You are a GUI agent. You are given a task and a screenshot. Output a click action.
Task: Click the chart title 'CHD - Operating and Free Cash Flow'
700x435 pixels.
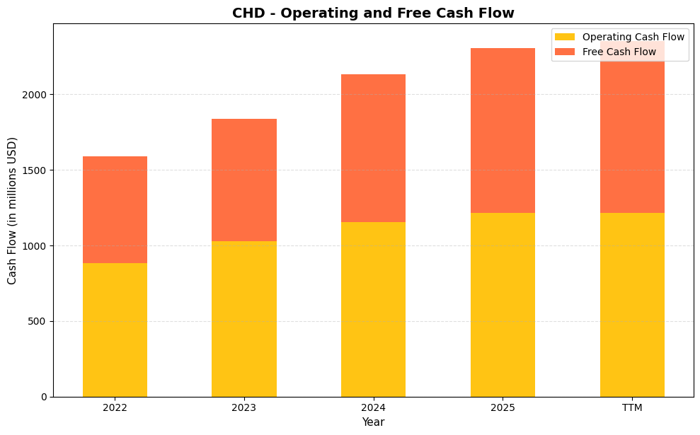373,13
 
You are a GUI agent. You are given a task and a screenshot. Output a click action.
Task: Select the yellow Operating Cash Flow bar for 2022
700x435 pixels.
115,330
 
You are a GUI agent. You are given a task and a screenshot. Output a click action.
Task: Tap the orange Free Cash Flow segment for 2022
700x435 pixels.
115,209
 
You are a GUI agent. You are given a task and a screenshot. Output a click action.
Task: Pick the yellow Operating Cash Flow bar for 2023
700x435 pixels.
243,319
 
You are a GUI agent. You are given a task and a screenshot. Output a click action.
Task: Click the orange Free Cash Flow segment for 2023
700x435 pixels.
243,180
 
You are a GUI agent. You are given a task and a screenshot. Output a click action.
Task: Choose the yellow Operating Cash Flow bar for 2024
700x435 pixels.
373,309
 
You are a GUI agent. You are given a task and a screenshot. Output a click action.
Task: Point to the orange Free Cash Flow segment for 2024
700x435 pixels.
373,148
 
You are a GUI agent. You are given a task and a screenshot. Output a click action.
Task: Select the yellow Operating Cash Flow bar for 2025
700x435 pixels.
503,305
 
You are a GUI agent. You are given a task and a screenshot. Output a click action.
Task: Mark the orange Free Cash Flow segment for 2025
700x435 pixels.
503,130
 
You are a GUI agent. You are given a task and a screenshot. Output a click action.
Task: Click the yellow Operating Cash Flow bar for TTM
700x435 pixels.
632,305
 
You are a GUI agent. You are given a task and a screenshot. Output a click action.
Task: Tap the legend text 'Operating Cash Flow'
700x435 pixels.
633,37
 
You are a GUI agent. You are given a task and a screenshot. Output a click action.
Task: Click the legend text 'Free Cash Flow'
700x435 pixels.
619,52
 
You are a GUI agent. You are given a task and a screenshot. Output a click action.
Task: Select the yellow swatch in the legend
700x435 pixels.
565,37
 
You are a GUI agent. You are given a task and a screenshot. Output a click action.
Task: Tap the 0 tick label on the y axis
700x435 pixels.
44,397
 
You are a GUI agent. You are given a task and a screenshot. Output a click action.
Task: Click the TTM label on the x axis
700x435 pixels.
632,408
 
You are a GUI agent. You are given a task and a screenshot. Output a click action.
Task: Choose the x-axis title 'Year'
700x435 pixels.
373,422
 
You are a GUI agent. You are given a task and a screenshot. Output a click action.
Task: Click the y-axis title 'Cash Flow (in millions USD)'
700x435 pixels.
12,211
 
